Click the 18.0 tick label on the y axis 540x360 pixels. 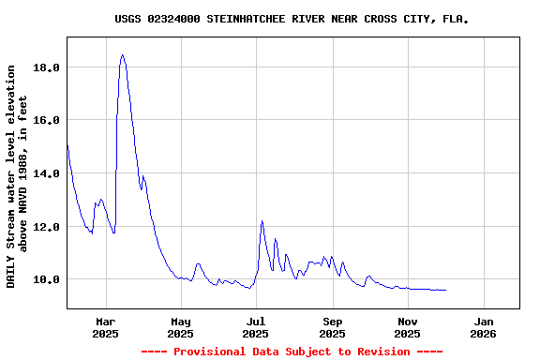(47, 67)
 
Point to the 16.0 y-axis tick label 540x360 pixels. (47, 120)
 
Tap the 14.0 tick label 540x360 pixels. (47, 173)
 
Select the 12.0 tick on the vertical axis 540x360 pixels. (47, 227)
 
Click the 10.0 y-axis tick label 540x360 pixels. (47, 279)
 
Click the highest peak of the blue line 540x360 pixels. (122, 55)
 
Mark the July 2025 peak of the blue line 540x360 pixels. (262, 221)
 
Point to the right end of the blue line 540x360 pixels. (446, 290)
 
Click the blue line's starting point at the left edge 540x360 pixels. (67, 143)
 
